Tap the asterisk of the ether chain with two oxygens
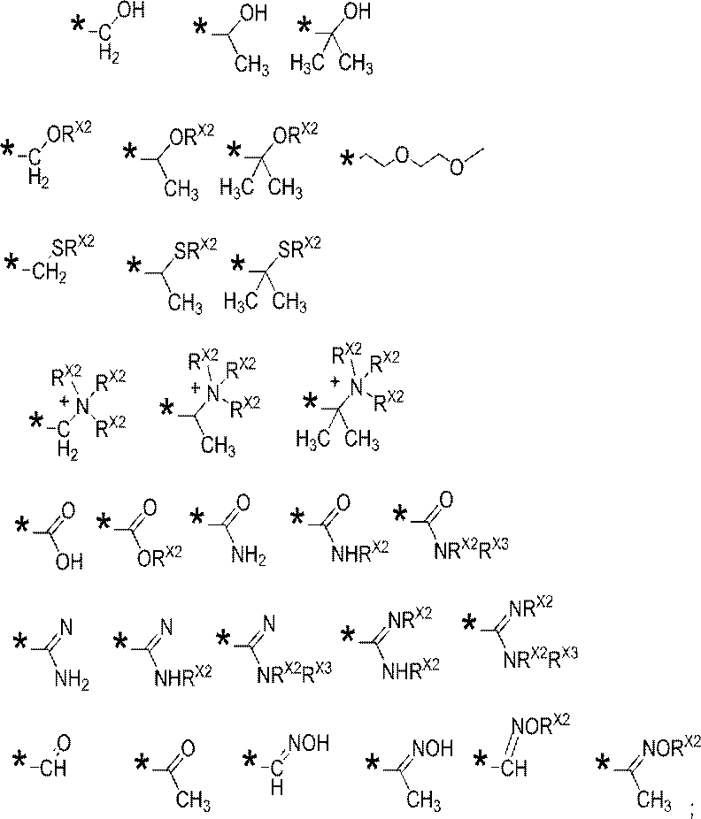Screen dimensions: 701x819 pyautogui.click(x=347, y=157)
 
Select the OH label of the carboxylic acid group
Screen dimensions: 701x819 pyautogui.click(x=70, y=562)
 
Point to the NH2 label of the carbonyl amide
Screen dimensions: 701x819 pyautogui.click(x=249, y=557)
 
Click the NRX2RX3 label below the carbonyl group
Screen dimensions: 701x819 pyautogui.click(x=472, y=547)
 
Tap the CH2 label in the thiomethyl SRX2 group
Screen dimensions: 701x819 pyautogui.click(x=50, y=272)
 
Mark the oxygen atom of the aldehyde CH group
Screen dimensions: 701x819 pyautogui.click(x=63, y=742)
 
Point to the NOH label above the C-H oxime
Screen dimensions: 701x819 pyautogui.click(x=308, y=743)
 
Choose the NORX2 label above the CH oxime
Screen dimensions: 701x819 pyautogui.click(x=541, y=724)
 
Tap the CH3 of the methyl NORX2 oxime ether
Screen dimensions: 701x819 pyautogui.click(x=653, y=800)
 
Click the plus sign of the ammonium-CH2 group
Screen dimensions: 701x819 pyautogui.click(x=65, y=402)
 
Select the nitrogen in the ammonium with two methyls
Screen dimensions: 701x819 pyautogui.click(x=357, y=387)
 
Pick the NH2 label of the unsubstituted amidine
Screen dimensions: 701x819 pyautogui.click(x=72, y=681)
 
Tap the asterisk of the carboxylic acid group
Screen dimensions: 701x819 pyautogui.click(x=22, y=525)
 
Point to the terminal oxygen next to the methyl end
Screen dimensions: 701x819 pyautogui.click(x=457, y=166)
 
